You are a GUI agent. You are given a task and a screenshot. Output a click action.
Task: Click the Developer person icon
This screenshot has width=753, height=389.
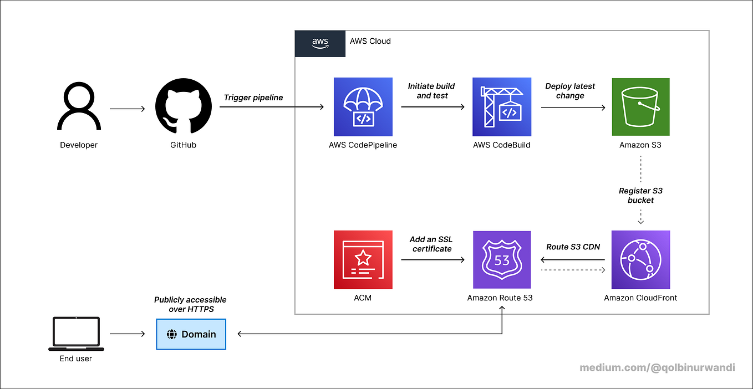pos(79,107)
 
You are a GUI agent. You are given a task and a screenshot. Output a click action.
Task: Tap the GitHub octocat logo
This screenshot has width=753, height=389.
pos(183,106)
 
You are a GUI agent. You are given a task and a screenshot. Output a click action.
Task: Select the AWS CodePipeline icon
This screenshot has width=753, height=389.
pos(363,107)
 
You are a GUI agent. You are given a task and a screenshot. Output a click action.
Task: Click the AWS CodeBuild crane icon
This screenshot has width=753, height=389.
pos(502,107)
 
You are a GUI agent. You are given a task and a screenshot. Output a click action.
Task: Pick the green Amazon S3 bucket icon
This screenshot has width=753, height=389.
pos(640,107)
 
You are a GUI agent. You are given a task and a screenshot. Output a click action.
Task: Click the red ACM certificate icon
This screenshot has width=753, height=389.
pos(363,260)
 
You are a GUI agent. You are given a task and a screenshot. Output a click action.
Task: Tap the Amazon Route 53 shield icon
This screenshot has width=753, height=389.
pos(502,260)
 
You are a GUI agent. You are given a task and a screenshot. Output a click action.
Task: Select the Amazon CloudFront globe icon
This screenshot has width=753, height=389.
pos(640,260)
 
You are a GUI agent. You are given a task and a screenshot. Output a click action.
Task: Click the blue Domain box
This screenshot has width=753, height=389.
pos(191,334)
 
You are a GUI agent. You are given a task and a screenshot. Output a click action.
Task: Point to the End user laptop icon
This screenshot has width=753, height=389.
pos(76,334)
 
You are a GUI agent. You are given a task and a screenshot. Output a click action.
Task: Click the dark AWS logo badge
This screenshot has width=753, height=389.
pos(320,44)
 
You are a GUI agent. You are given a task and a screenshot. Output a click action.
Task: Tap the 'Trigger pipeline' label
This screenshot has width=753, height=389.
pos(253,98)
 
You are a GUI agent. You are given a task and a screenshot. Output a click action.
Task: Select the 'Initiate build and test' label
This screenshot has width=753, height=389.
pos(431,91)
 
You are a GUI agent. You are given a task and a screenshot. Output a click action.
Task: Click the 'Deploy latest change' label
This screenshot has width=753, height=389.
pos(570,91)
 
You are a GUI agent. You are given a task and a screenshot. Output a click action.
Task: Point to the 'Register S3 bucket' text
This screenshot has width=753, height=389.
pos(640,196)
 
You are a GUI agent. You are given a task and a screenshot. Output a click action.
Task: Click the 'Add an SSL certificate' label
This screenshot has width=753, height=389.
pos(431,244)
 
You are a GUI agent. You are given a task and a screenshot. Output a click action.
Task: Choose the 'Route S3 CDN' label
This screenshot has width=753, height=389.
pos(573,247)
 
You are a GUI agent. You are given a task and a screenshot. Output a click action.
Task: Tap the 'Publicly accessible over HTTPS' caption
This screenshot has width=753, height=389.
pos(190,304)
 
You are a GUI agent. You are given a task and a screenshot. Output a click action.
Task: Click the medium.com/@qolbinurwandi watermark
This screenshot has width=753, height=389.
pos(657,367)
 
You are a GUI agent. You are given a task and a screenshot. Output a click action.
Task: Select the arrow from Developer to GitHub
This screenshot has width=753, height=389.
pos(128,109)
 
